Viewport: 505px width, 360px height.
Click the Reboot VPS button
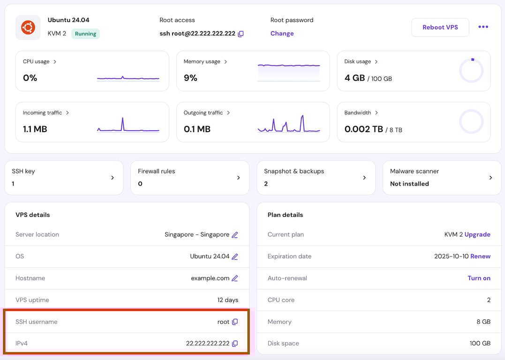440,27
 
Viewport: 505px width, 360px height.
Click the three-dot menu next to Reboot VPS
483,27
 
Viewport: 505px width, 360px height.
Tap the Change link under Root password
282,33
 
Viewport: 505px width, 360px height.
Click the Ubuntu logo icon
28,27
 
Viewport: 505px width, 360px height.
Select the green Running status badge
85,34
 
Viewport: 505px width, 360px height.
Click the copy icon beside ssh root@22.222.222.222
241,34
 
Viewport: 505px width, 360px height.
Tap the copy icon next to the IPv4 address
235,344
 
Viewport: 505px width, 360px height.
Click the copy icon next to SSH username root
235,322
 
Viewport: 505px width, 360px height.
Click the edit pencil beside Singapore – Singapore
235,235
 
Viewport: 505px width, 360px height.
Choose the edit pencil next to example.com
235,278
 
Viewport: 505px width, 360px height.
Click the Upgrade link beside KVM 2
477,234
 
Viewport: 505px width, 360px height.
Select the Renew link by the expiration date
480,256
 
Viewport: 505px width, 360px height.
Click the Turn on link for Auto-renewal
479,278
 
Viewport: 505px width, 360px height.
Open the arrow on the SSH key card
113,178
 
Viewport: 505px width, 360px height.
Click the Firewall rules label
156,171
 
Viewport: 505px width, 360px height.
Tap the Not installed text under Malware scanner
409,184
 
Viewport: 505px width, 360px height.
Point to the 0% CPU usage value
30,78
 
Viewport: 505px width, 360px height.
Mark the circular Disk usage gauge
471,71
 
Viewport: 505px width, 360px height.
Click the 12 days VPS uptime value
227,300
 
